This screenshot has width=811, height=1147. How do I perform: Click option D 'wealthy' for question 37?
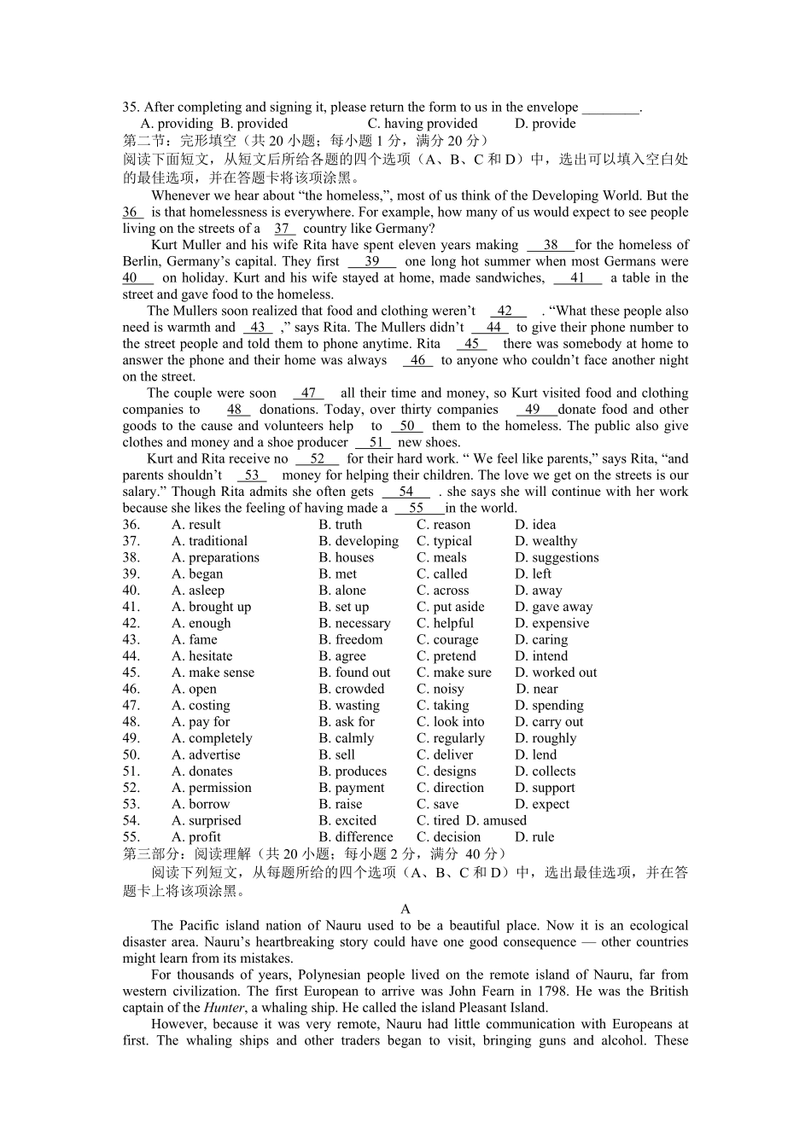pos(546,541)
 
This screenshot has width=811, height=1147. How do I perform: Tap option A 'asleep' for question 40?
pos(197,591)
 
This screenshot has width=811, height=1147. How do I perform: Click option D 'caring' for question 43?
pos(540,640)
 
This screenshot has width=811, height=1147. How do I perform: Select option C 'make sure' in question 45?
pos(453,672)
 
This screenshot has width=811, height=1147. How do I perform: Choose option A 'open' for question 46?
pos(194,690)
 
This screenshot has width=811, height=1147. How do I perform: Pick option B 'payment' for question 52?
pos(351,788)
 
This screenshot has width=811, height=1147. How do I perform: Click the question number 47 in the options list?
pos(131,706)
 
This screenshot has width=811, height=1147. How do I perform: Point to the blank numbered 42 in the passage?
pos(505,311)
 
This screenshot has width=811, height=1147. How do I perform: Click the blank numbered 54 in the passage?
pos(406,492)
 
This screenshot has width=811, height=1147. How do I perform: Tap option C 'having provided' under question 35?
pos(423,124)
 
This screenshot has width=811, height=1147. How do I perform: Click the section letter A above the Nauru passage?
pos(405,910)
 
